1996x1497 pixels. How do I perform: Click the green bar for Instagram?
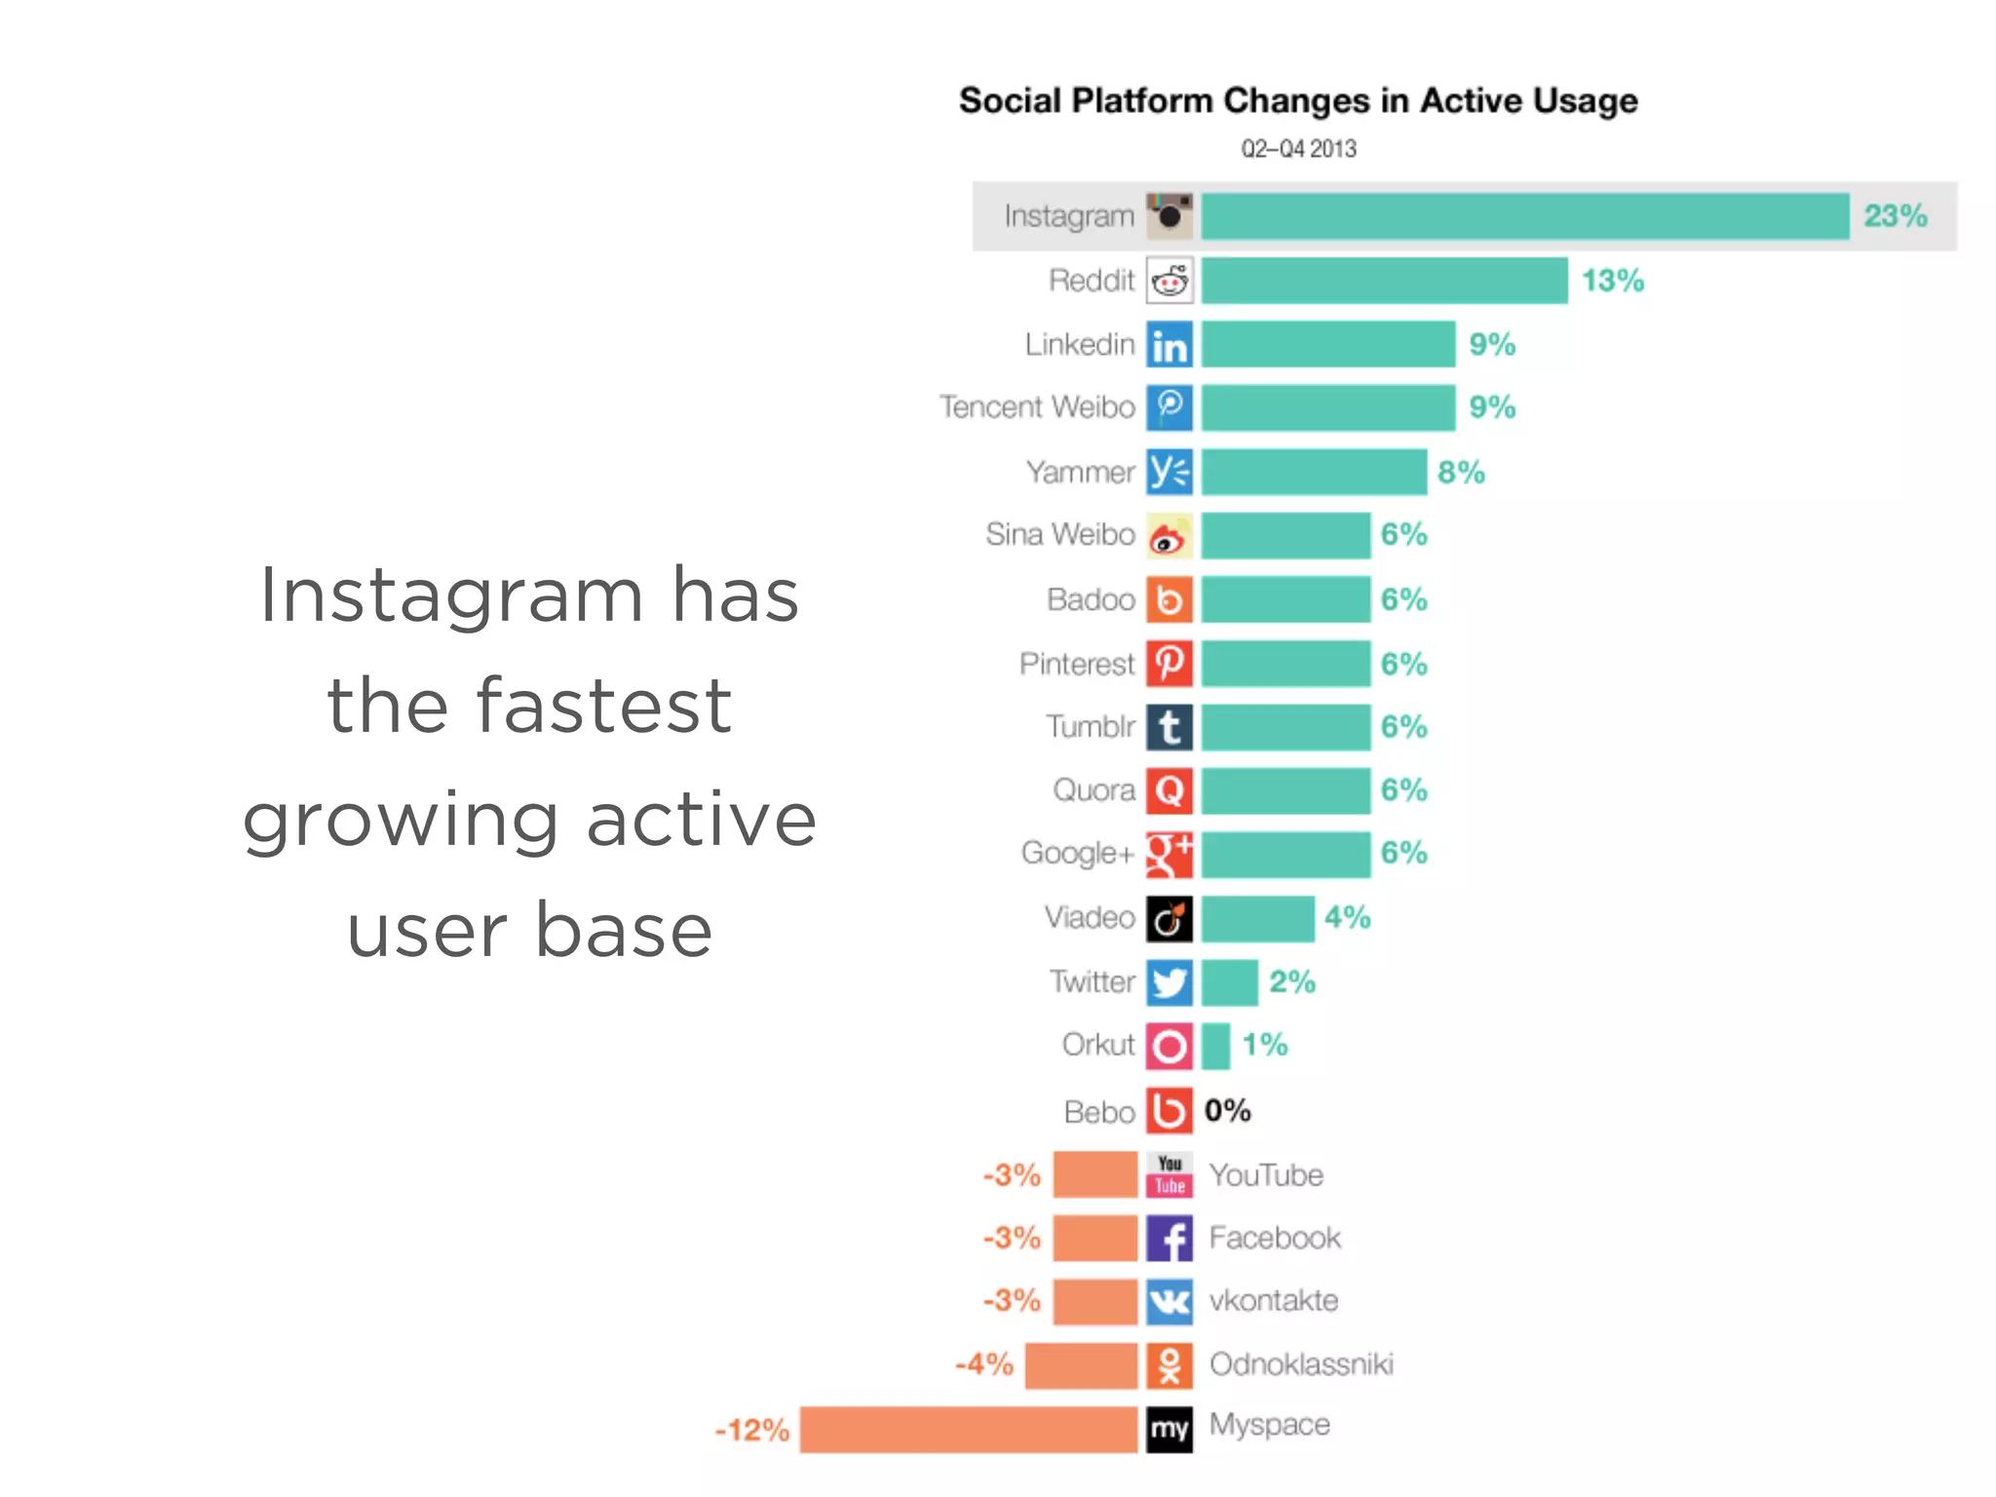coord(1524,215)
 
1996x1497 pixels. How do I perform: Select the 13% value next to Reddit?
coord(1612,281)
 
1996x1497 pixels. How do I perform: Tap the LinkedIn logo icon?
coord(1169,345)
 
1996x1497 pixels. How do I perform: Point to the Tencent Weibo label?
coord(1037,407)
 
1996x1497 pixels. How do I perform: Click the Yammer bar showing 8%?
coord(1313,473)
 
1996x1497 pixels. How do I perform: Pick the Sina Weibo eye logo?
coord(1169,536)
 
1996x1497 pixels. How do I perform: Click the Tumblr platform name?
coord(1090,727)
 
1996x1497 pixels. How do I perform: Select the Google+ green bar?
coord(1285,854)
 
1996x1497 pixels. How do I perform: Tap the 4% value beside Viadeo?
coord(1347,917)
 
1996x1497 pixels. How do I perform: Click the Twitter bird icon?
coord(1169,982)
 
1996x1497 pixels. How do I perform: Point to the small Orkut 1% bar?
coord(1214,1046)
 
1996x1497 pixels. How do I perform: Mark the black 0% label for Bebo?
coord(1227,1110)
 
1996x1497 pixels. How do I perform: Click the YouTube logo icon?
coord(1169,1174)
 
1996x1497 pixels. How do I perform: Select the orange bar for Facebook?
coord(1094,1238)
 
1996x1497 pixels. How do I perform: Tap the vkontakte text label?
coord(1273,1301)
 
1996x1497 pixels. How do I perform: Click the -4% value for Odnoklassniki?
coord(983,1364)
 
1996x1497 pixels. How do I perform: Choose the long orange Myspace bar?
coord(968,1430)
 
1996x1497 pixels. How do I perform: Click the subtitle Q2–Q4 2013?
coord(1297,149)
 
